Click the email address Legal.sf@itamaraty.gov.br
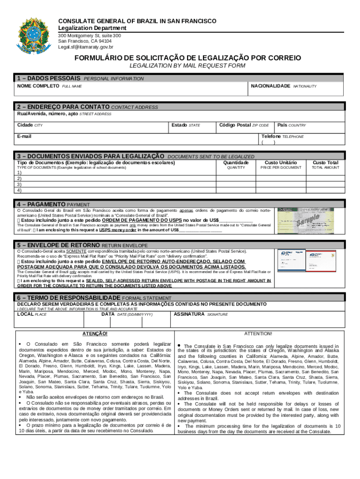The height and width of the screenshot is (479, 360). (85, 47)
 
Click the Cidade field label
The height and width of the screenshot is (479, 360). (25, 125)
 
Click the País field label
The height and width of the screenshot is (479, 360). (282, 125)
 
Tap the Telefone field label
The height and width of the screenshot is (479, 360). (271, 136)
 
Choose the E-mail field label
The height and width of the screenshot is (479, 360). (24, 136)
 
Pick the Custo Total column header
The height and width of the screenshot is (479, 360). (325, 162)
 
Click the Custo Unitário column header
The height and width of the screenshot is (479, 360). (281, 162)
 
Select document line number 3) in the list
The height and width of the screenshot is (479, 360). (19, 184)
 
